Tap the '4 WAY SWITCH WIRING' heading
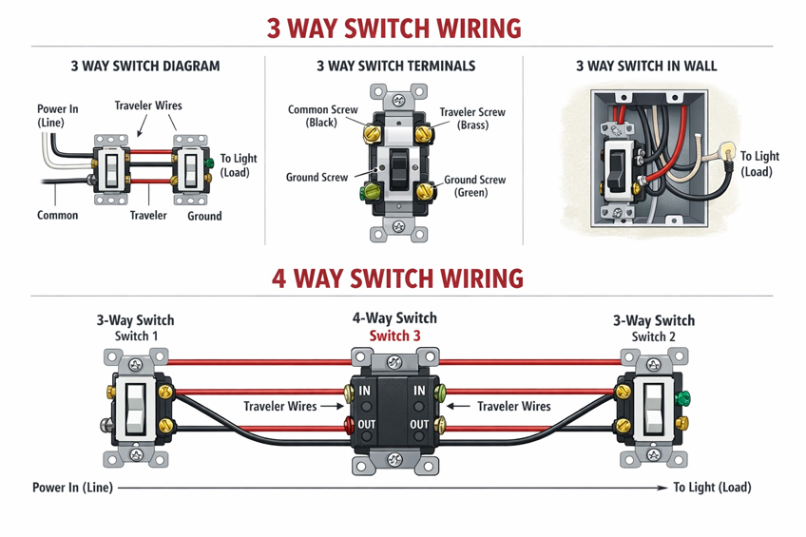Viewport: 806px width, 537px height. (x=397, y=278)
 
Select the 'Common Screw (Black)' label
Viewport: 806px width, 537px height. (x=322, y=116)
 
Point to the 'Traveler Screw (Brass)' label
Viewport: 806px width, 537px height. (x=472, y=118)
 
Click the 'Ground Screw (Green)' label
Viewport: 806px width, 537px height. (x=474, y=185)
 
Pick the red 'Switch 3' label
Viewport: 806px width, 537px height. (x=394, y=336)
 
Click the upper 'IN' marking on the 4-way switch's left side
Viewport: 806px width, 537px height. (x=366, y=390)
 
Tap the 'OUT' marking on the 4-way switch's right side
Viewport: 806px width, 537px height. (x=419, y=424)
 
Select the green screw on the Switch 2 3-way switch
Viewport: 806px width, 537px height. (x=681, y=398)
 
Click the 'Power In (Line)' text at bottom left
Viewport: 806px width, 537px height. (x=72, y=488)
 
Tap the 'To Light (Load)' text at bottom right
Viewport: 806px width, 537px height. (x=712, y=488)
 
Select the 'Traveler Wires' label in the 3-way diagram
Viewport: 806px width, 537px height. (x=148, y=105)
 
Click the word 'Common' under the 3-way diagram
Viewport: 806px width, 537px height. (x=57, y=216)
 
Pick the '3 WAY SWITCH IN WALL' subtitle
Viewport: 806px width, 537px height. (x=646, y=67)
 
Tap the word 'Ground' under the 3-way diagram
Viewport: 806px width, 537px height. (x=204, y=216)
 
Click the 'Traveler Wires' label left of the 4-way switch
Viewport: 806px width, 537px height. (x=279, y=407)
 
